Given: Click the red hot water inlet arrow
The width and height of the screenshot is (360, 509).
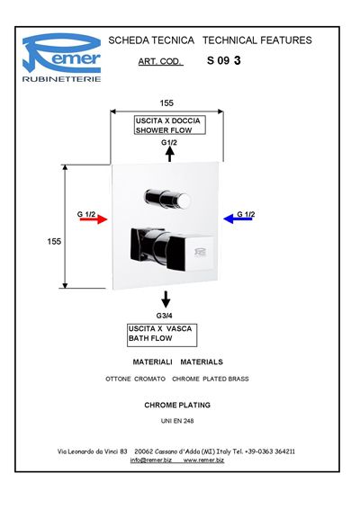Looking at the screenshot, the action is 94,219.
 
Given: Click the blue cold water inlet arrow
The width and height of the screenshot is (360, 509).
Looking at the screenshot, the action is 238,219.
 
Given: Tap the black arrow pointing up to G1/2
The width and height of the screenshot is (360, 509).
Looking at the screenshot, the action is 169,154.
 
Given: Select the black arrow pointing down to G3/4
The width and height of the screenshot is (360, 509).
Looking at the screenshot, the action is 166,299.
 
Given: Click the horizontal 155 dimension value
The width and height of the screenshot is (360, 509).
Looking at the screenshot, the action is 166,103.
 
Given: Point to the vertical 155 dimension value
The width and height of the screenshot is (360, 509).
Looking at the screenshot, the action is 54,242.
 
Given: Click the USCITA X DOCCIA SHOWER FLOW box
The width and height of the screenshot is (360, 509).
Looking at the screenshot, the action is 170,125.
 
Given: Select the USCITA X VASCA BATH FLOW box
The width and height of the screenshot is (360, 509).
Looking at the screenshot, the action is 162,335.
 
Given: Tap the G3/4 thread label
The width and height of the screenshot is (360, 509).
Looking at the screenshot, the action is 165,316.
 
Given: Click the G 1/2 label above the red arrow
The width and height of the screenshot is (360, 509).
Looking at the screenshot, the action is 86,214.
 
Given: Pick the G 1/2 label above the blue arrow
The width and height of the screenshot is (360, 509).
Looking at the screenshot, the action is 246,214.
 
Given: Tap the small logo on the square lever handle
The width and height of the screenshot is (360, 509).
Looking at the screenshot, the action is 201,252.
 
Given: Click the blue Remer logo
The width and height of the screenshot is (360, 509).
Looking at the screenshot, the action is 62,58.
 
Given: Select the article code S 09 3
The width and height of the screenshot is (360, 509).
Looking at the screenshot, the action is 224,60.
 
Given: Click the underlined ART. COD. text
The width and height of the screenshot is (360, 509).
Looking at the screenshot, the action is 159,61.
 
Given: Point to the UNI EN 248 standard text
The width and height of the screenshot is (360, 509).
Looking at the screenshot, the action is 177,421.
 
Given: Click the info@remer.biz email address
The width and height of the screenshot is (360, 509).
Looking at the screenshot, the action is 151,460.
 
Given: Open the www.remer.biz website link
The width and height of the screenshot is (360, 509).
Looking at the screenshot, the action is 203,460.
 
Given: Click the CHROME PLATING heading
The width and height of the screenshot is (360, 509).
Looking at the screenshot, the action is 177,405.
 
